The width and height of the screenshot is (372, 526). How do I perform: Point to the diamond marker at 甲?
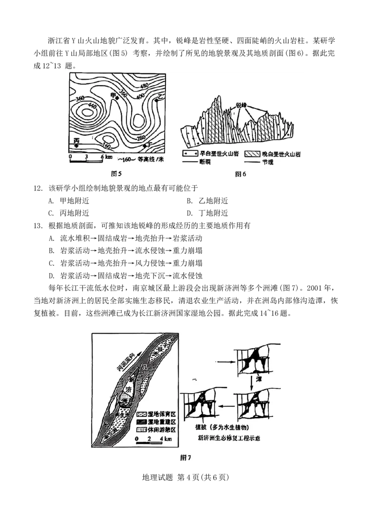[x=118, y=99]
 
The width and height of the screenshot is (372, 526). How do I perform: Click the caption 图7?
[x=186, y=457]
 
